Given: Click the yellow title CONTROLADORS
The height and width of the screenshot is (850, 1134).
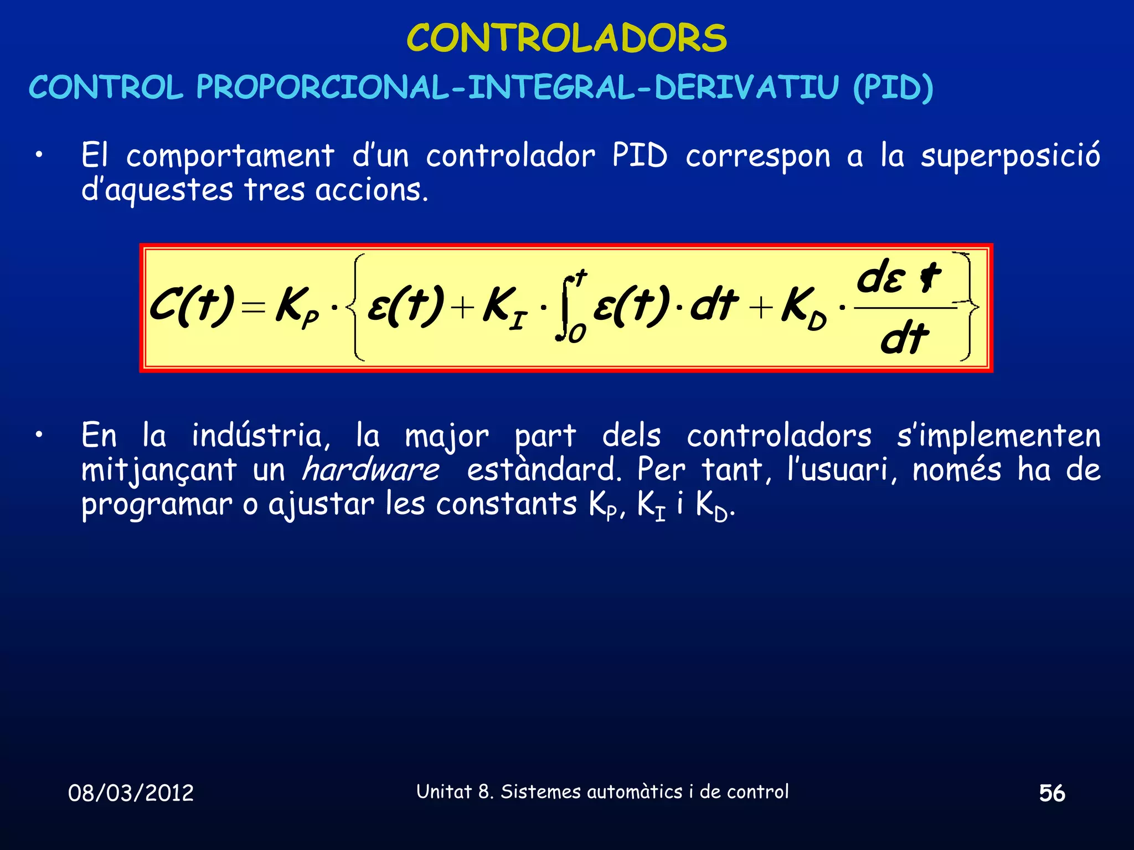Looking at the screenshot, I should (566, 38).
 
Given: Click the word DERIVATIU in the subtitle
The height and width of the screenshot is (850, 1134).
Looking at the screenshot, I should (746, 87).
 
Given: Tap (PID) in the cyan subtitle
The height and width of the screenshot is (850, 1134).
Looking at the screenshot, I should (893, 87).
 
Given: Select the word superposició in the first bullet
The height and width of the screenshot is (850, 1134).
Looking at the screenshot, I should (1010, 156).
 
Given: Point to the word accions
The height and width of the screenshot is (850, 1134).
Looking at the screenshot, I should (371, 190).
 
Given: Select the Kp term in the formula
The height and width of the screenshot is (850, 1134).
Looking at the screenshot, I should (297, 308).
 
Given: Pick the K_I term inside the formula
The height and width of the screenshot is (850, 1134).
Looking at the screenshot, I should (504, 308).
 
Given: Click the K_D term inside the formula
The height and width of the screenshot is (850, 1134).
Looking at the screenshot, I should (803, 308).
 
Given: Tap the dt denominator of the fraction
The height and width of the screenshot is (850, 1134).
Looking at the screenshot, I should (904, 339).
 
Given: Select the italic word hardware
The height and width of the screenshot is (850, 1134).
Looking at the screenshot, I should (370, 470).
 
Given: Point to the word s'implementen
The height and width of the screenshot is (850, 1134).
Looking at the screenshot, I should (998, 436).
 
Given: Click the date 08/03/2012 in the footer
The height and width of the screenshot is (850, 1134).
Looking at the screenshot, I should (131, 793).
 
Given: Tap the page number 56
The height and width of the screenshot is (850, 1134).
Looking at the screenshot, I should (1051, 793).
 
